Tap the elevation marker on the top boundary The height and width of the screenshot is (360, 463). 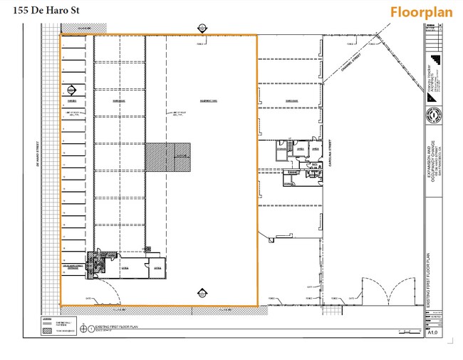tap(202, 29)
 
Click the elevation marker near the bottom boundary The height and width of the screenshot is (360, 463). tap(202, 293)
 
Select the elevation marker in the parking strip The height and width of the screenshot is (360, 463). tap(72, 91)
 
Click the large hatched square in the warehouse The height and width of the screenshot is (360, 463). tap(169, 157)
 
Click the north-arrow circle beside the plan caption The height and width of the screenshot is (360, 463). tap(84, 328)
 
